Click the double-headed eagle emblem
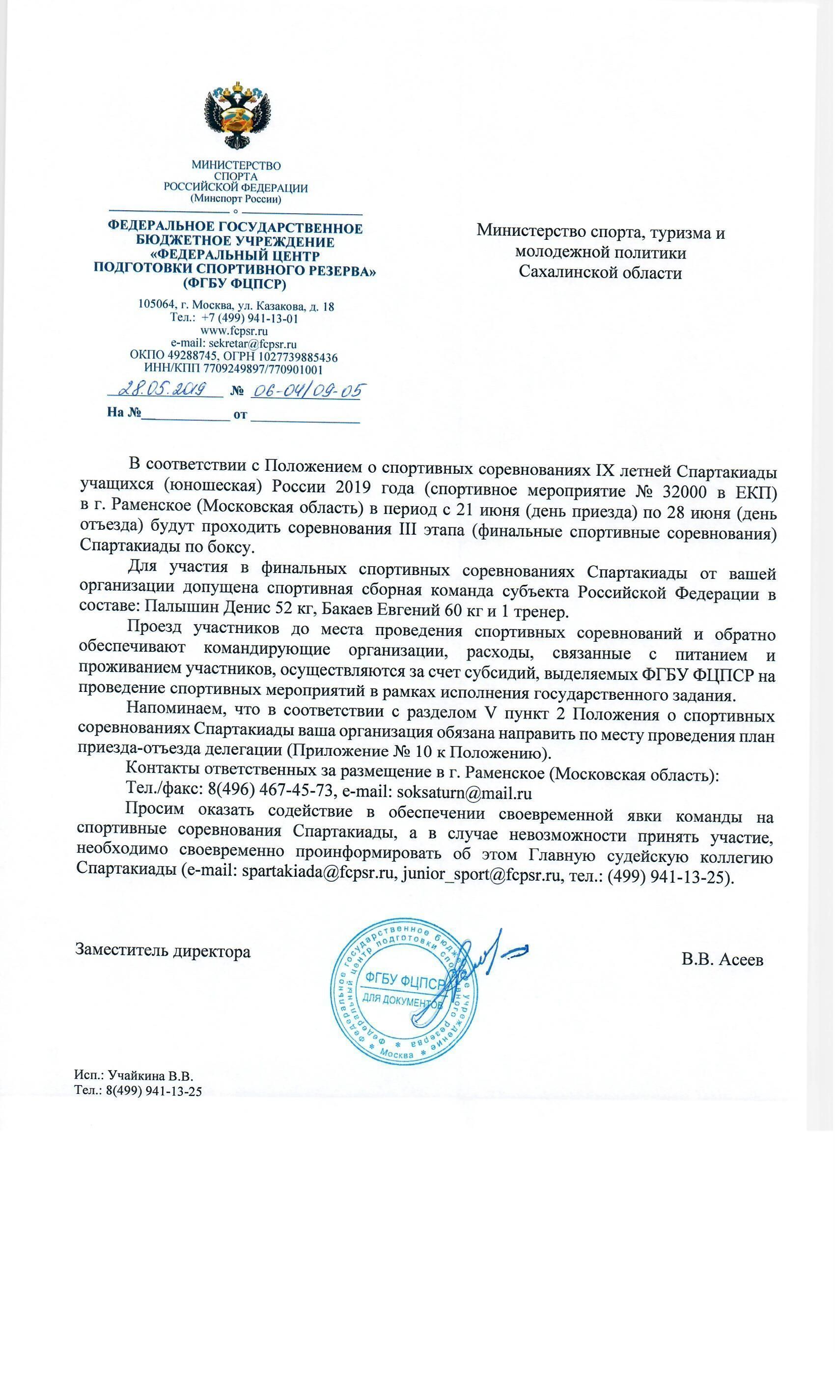pyautogui.click(x=236, y=116)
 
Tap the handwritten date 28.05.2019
pyautogui.click(x=165, y=389)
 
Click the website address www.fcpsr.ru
pyautogui.click(x=234, y=331)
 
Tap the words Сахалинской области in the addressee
pyautogui.click(x=601, y=273)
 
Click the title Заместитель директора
pyautogui.click(x=163, y=951)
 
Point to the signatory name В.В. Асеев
pyautogui.click(x=722, y=959)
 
